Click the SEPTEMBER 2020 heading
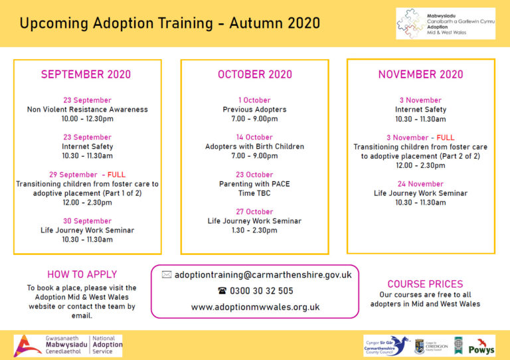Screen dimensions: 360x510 86,74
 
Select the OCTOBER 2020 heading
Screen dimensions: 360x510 254,74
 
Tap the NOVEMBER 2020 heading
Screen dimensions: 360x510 420,74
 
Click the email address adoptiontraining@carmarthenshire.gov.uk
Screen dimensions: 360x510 263,274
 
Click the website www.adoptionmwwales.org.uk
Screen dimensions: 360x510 255,308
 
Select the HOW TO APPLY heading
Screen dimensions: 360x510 82,274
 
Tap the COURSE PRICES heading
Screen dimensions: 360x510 425,284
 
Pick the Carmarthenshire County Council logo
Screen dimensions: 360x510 385,345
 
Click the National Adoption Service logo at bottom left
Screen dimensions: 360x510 68,345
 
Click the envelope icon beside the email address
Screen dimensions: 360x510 166,274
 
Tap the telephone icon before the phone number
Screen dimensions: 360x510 222,291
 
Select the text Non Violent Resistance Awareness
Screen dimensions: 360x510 87,110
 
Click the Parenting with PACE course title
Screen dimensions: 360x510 254,184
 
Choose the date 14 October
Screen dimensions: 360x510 254,137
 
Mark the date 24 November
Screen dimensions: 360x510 420,184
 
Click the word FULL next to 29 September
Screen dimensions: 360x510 116,175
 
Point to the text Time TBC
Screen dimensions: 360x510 254,193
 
